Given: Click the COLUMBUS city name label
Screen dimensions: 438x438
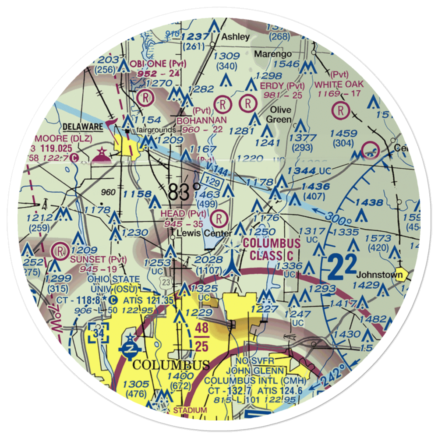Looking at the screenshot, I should [171, 365].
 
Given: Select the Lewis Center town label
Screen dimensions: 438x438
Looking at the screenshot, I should [204, 233].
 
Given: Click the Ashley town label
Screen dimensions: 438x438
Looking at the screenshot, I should [235, 37].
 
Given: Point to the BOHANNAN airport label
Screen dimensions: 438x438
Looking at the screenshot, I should [201, 120].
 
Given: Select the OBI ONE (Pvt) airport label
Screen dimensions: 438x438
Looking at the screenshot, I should [158, 64].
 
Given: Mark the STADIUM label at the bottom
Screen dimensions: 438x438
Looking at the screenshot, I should [190, 410].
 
